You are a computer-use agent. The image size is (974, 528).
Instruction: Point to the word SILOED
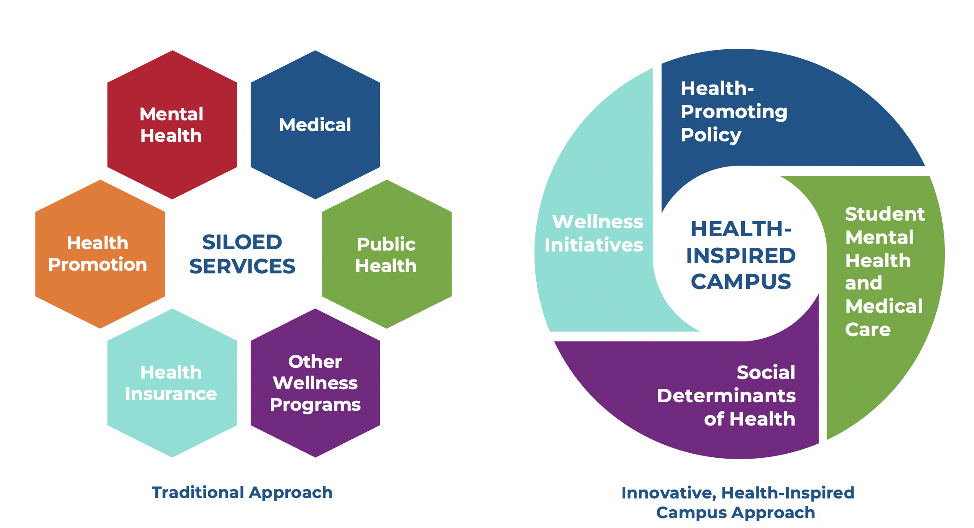tap(242, 243)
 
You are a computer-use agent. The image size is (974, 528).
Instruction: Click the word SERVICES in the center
tap(242, 267)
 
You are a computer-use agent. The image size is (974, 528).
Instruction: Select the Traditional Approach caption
tap(242, 493)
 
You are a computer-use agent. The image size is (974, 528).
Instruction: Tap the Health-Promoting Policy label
tap(733, 111)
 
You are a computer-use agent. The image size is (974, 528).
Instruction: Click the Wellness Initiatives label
tap(594, 233)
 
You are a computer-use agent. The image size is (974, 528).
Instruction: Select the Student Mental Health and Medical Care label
tap(884, 272)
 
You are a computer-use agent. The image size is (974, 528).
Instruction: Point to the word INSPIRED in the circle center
tap(741, 256)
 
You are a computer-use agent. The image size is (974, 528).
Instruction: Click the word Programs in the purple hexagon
tap(315, 405)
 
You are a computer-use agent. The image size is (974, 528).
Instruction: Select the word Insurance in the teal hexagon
tap(171, 394)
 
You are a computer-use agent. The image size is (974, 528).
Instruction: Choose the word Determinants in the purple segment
tap(726, 396)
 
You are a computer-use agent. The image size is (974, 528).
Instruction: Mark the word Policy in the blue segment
tap(711, 135)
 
